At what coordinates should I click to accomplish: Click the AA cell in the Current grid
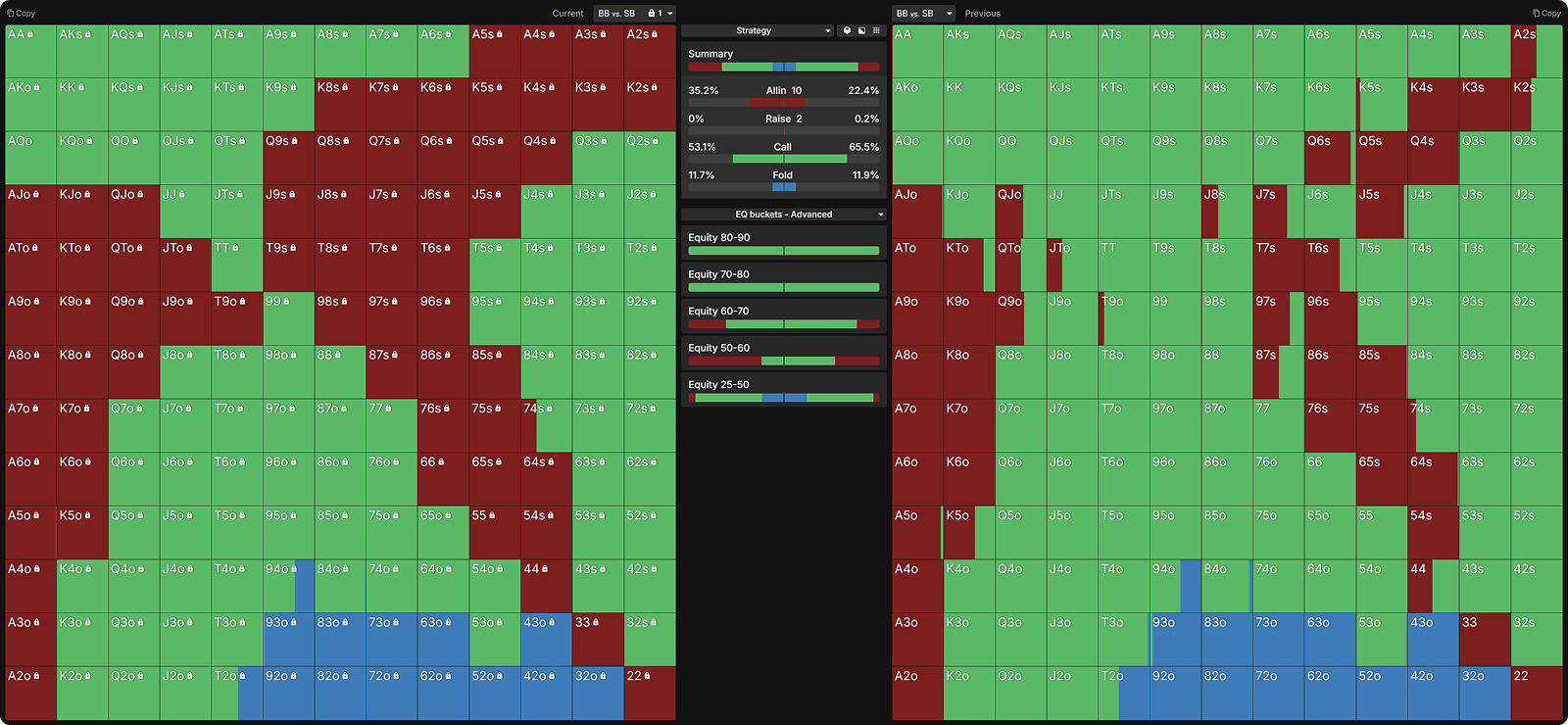(x=30, y=51)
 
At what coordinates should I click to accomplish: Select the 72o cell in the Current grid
(x=391, y=693)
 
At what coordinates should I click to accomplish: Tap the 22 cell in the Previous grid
(x=1536, y=693)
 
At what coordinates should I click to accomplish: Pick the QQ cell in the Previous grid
(x=1020, y=158)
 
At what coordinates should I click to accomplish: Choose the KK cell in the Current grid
(x=81, y=105)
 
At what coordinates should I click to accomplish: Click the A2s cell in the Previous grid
(x=1536, y=51)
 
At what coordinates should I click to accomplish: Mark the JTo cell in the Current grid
(x=185, y=265)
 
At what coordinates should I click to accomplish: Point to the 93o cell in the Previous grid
(x=1175, y=639)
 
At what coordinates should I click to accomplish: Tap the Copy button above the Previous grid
(x=1546, y=14)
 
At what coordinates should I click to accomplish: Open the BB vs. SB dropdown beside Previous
(x=923, y=14)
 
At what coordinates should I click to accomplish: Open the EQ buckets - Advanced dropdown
(x=784, y=214)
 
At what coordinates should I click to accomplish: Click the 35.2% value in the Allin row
(x=704, y=90)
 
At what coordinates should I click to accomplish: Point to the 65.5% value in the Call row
(x=863, y=147)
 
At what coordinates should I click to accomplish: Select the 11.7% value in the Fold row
(x=702, y=175)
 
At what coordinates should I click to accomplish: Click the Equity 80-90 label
(x=719, y=237)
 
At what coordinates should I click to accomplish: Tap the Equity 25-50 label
(x=719, y=384)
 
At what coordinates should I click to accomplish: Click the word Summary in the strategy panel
(x=710, y=54)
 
